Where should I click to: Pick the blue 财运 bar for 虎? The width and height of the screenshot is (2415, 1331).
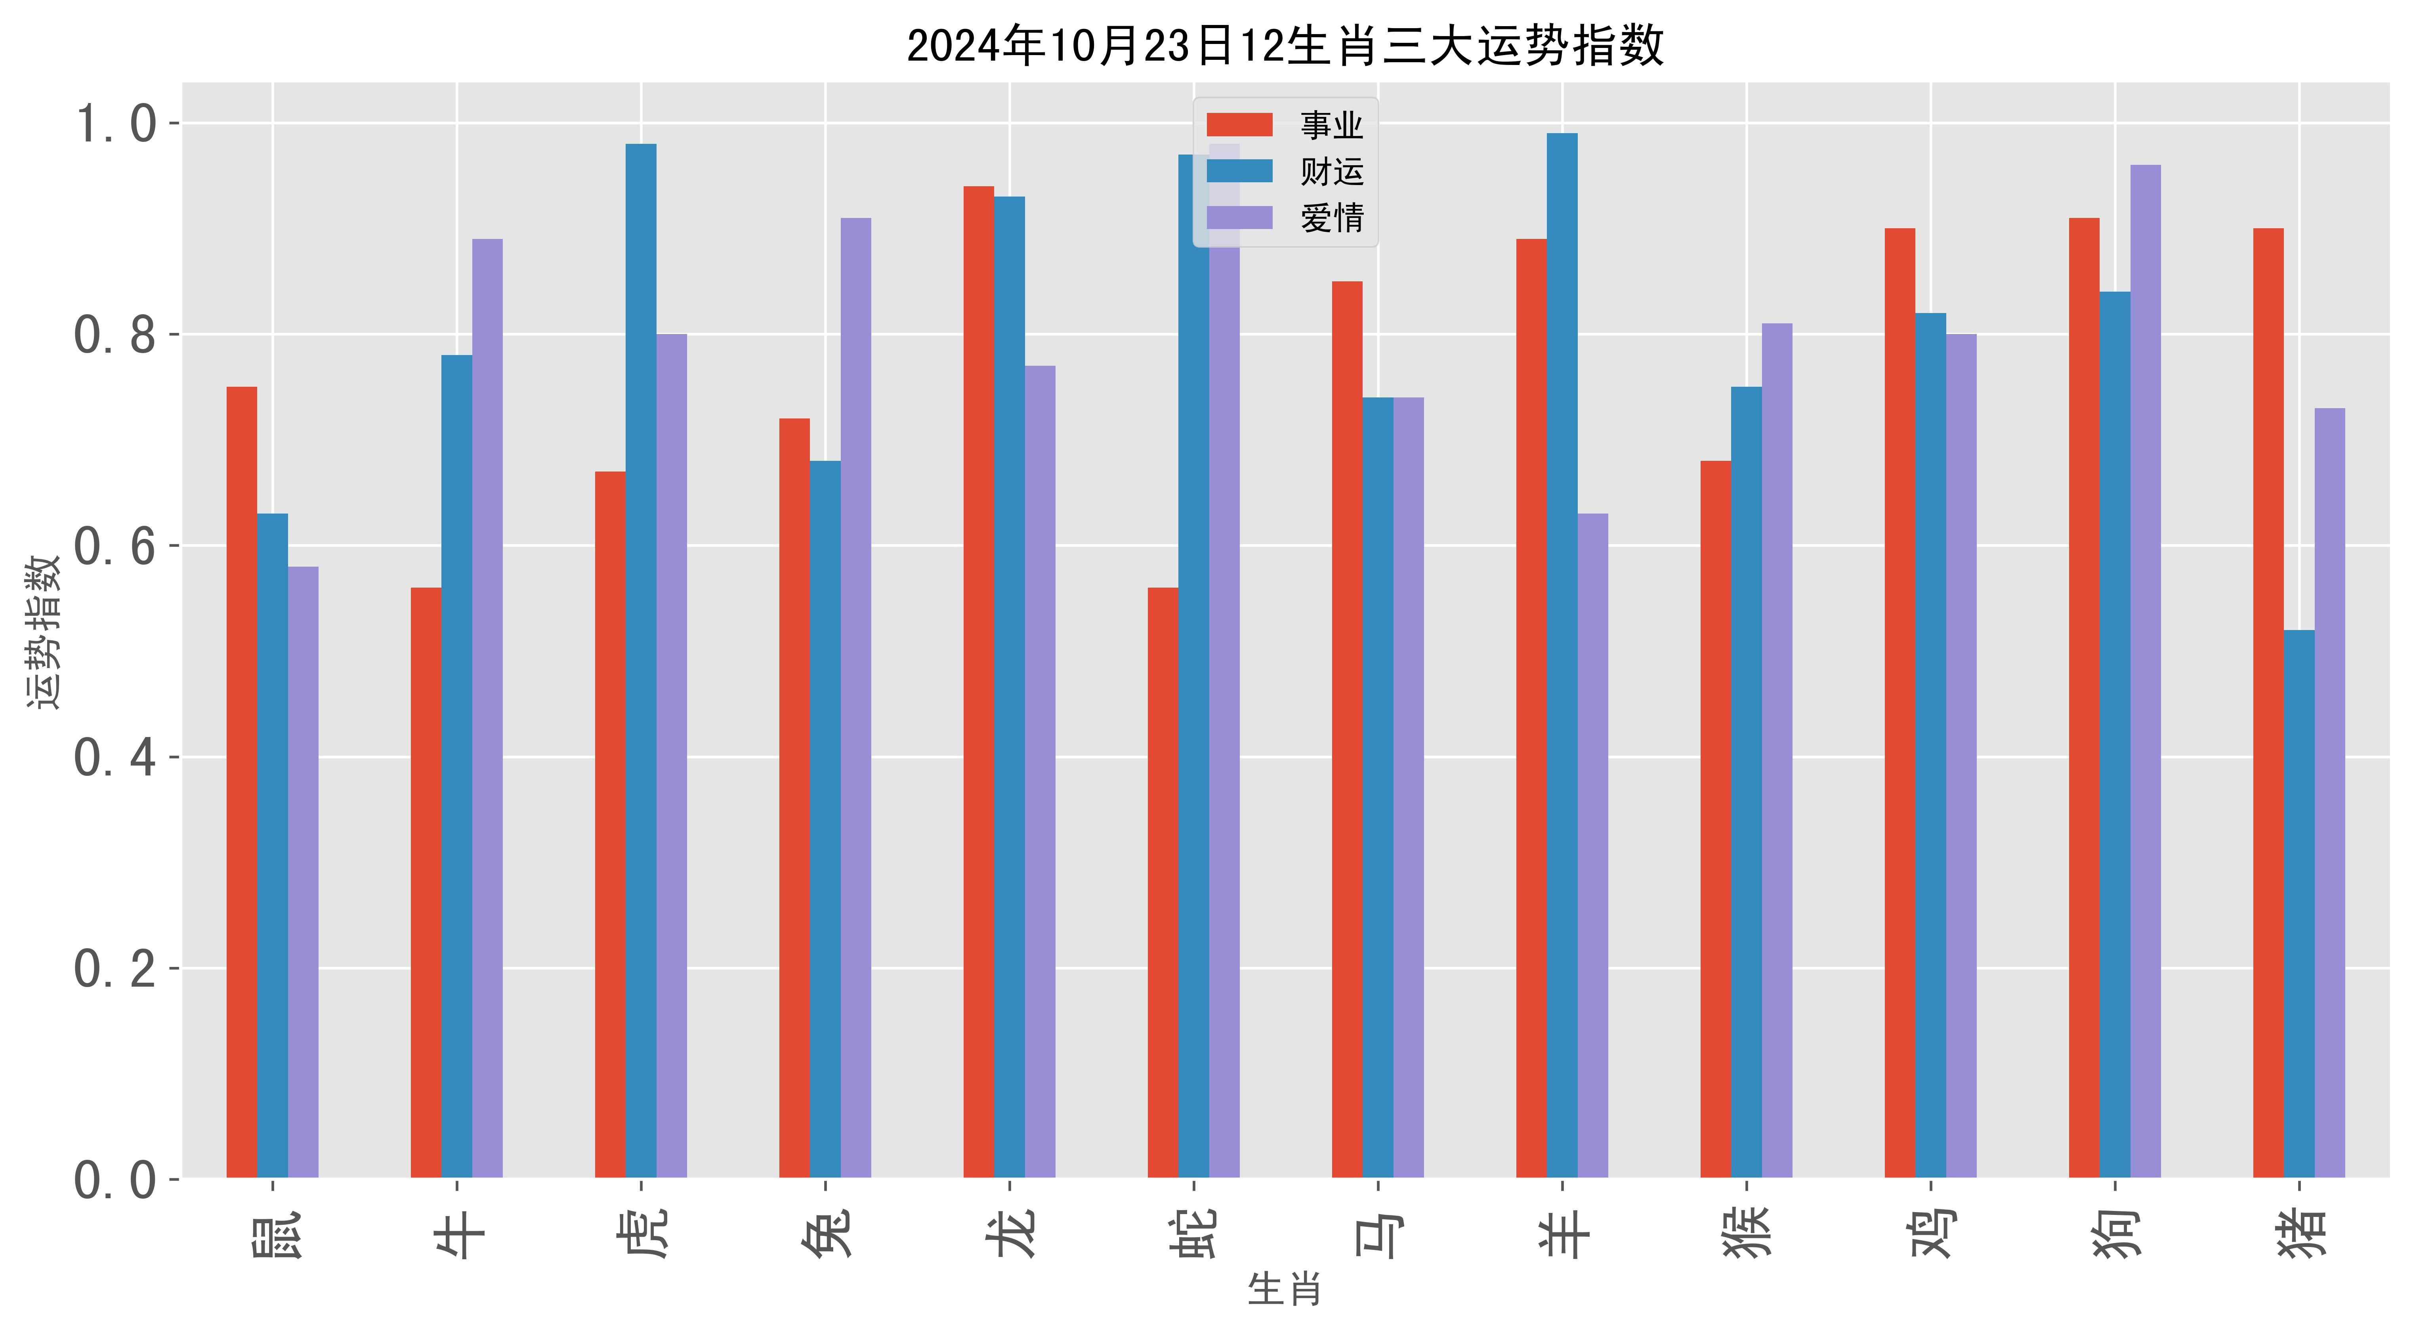click(641, 661)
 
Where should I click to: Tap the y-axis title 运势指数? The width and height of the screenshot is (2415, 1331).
click(43, 631)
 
